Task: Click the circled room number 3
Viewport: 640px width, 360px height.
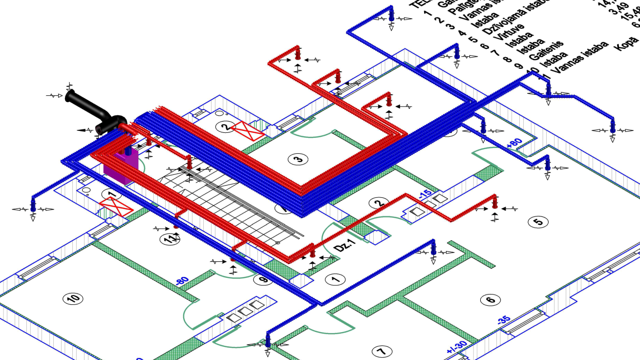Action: click(299, 159)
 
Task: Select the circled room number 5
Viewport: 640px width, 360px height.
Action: click(538, 222)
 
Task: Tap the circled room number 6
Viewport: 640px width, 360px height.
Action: click(490, 300)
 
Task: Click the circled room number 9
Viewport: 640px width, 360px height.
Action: click(263, 280)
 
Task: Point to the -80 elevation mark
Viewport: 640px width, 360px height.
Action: click(182, 282)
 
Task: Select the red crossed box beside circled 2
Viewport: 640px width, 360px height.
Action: click(247, 131)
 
